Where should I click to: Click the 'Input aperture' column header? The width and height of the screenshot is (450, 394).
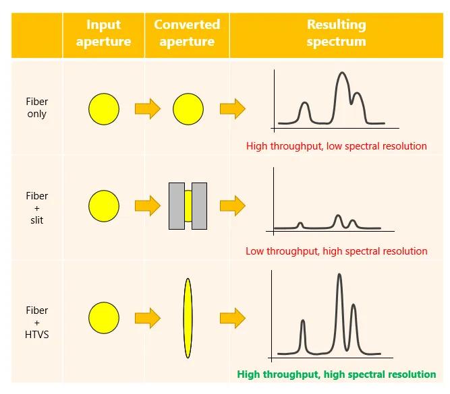click(x=104, y=33)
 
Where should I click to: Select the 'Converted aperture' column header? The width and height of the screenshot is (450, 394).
click(x=187, y=33)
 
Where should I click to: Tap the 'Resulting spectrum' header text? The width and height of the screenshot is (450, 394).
click(x=337, y=33)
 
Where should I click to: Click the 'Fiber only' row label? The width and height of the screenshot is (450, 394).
click(x=36, y=108)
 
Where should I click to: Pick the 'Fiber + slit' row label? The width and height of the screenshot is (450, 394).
click(x=36, y=208)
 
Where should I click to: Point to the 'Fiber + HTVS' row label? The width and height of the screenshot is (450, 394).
click(x=36, y=323)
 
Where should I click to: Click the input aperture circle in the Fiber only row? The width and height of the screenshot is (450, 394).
click(x=104, y=109)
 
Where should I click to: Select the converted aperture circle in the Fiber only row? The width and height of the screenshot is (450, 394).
click(x=188, y=109)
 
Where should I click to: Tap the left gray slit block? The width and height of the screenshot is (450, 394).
click(x=177, y=206)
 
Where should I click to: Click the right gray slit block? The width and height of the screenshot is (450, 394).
click(x=200, y=206)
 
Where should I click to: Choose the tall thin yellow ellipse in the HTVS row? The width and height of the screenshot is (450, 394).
click(x=188, y=318)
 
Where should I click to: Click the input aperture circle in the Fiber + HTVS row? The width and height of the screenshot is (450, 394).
click(x=104, y=317)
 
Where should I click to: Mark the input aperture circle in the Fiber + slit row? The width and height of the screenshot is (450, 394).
click(x=104, y=205)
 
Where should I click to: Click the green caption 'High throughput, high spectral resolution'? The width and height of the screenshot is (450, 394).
click(x=337, y=374)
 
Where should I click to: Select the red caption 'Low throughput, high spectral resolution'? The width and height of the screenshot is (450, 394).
click(x=337, y=251)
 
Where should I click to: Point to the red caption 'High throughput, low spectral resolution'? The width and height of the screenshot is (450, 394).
click(x=337, y=146)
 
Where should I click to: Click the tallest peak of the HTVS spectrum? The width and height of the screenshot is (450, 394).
click(x=339, y=275)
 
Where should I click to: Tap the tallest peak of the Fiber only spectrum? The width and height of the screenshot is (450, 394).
click(x=342, y=73)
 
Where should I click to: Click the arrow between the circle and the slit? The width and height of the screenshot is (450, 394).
click(x=148, y=205)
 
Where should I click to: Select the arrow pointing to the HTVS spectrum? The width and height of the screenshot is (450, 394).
click(x=233, y=318)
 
